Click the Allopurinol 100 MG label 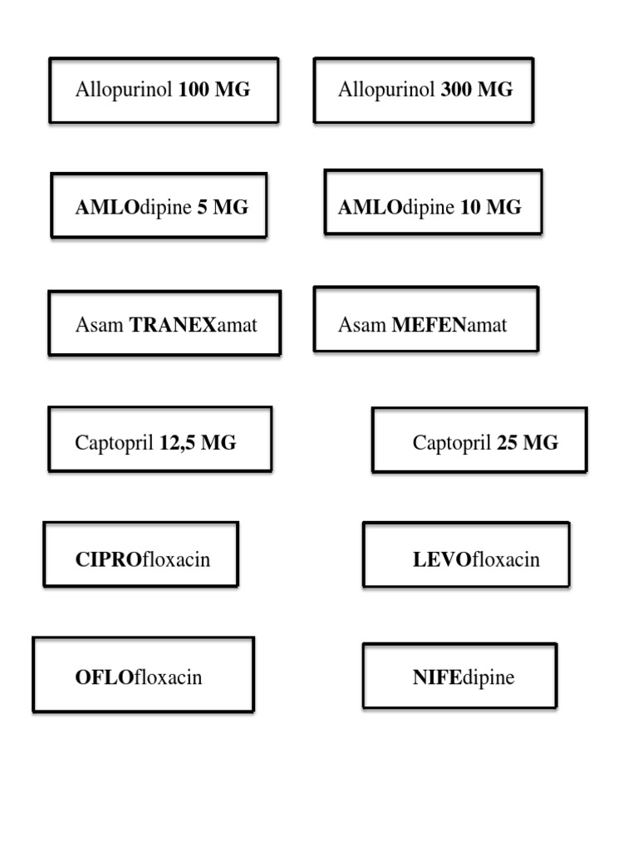point(163,91)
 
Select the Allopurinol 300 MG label point(424,91)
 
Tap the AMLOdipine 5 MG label point(159,207)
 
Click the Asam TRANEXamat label point(164,324)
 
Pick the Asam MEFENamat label point(425,324)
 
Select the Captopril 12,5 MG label point(159,443)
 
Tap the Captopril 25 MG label point(479,443)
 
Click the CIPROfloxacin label point(141,559)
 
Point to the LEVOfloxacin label point(466,559)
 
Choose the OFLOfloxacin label point(143,677)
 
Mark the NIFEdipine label point(459,677)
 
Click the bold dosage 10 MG point(490,207)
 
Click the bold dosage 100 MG point(213,91)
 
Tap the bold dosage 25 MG point(528,443)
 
